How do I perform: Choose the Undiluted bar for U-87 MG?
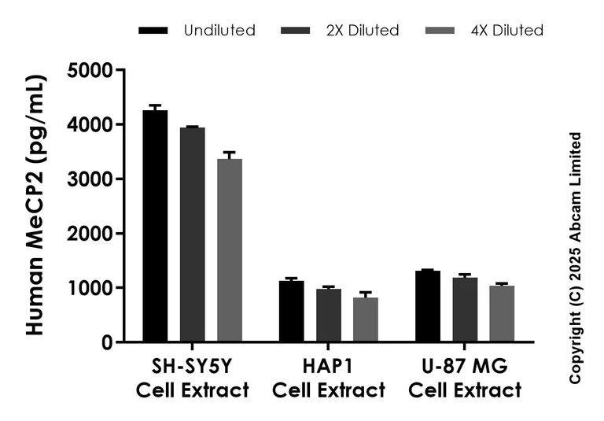click(428, 307)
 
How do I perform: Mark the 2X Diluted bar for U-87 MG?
click(465, 310)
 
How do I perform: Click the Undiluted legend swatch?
click(153, 31)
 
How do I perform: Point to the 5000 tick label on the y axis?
click(90, 71)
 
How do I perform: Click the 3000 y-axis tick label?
click(90, 179)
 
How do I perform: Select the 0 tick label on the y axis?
click(106, 342)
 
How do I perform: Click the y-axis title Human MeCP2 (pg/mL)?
click(35, 205)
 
